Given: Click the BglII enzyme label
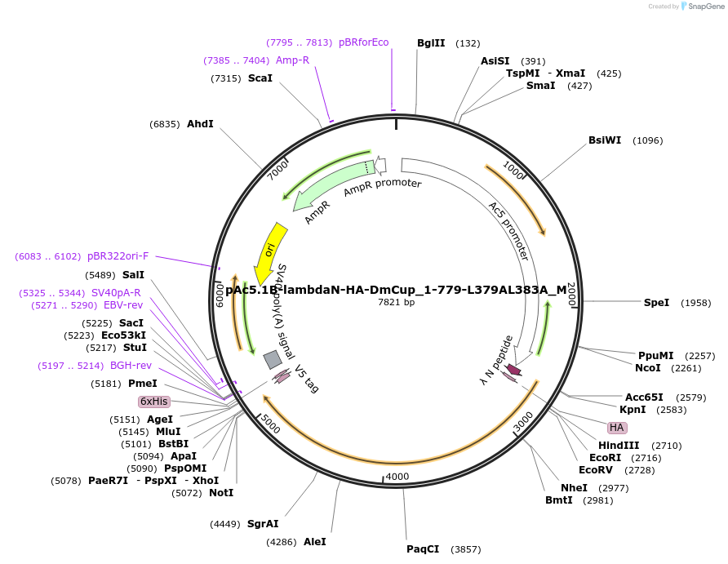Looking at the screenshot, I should point(431,43).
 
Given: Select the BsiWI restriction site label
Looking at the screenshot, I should point(605,140).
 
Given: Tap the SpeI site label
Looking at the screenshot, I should point(656,303).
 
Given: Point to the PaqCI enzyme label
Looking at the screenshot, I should point(423,549).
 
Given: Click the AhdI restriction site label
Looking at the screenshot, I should point(200,124).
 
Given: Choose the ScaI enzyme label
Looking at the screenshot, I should point(260,78).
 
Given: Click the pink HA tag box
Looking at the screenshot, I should point(616,428).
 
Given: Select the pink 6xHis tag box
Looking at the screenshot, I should point(153,402).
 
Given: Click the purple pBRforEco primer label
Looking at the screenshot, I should point(364,42).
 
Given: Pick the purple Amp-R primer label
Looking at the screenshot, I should point(292,60).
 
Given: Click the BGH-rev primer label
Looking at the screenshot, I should point(131,366).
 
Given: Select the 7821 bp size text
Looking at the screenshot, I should point(397,303).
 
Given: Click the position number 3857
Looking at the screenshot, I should point(467,549).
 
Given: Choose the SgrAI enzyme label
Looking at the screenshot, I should point(263,524).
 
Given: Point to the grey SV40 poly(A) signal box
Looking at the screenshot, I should point(272,359).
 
